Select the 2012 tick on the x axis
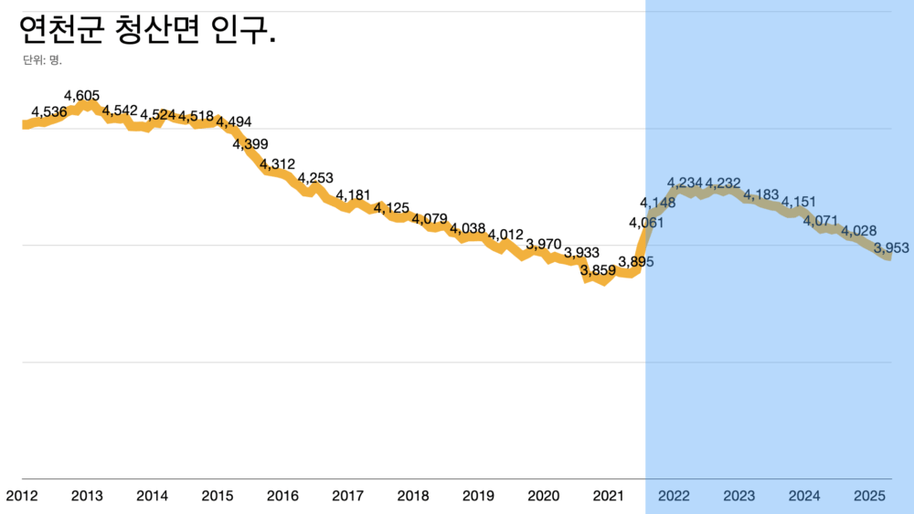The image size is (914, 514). point(22,496)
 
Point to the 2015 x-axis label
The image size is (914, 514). point(218,496)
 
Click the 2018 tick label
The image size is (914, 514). point(413,496)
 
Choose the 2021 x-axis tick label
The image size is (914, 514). point(609,496)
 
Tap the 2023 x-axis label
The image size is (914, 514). point(739,496)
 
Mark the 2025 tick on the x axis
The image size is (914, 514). point(869,496)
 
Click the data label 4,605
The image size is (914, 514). point(82,95)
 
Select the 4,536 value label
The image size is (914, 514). point(48,112)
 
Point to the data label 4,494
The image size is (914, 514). point(233,122)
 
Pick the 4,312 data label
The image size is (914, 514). point(278,164)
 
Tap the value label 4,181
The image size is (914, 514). point(354,194)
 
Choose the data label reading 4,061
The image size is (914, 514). point(646,222)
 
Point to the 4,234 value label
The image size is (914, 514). point(685,183)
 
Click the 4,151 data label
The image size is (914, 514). point(799,202)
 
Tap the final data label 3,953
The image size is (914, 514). point(891,247)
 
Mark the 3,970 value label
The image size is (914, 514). point(544,244)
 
